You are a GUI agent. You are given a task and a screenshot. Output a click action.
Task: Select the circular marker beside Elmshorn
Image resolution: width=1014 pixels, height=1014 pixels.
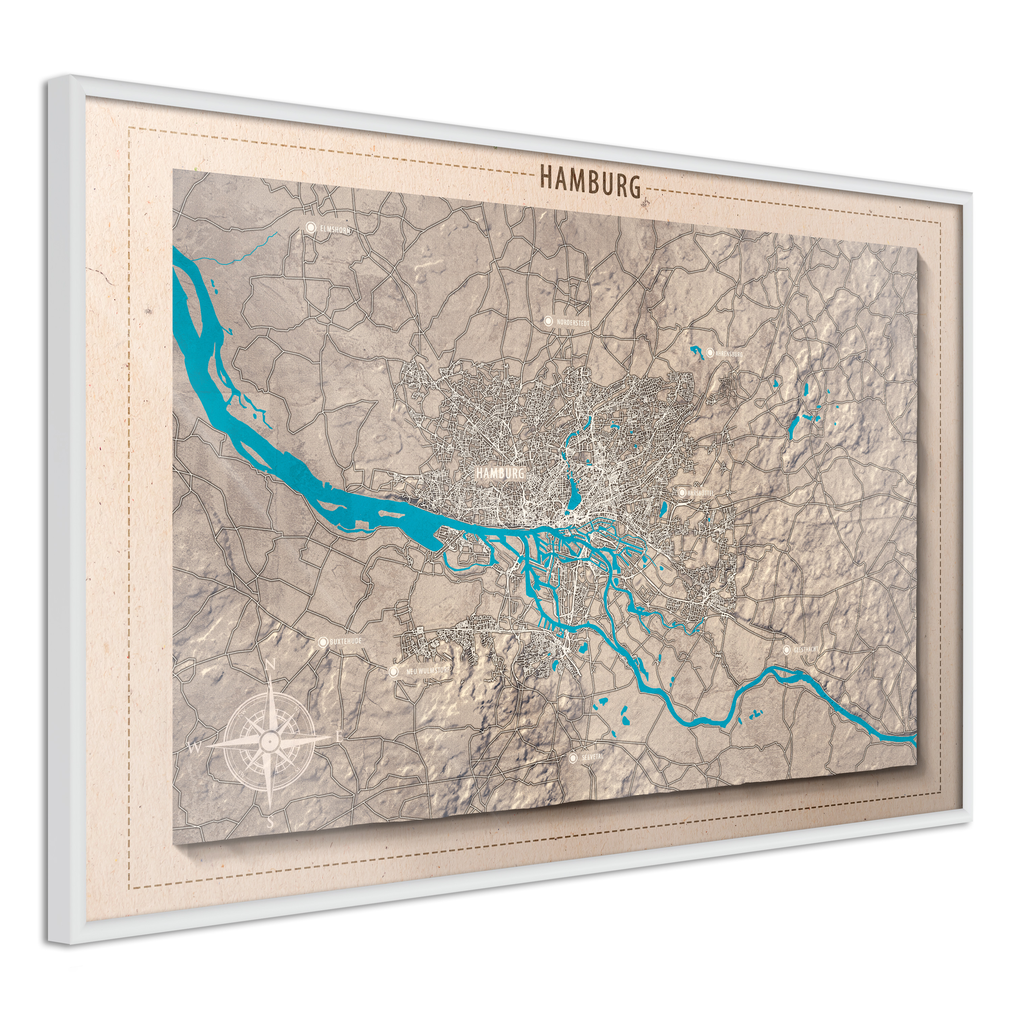tap(311, 227)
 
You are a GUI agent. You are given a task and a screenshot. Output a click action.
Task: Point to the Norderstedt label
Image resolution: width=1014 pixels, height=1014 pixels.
tap(574, 322)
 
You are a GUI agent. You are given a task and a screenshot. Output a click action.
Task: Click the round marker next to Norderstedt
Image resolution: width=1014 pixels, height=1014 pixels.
tap(549, 321)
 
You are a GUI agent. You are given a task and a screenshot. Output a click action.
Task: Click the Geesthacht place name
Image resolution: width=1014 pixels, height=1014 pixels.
tap(806, 650)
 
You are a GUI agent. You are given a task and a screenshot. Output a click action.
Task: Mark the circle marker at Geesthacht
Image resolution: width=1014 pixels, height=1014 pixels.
tap(787, 649)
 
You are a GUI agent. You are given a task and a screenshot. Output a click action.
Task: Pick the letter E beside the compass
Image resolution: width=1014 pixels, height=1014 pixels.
tap(339, 737)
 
